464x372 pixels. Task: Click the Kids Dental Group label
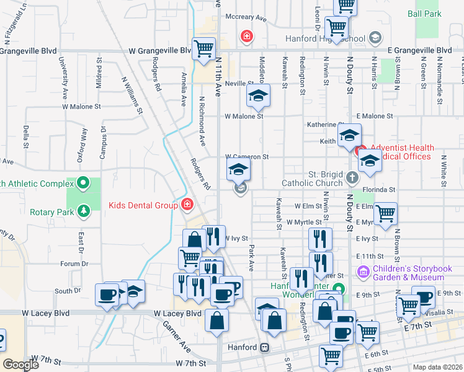point(144,205)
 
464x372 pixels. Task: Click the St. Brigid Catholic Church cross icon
point(352,179)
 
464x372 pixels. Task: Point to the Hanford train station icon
point(265,347)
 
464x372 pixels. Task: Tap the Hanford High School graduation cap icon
point(374,38)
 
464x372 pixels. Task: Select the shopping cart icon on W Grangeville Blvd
point(204,48)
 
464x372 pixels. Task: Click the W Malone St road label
point(244,116)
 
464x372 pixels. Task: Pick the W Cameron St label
point(247,157)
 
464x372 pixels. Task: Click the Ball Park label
point(424,13)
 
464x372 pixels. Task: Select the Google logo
point(21,365)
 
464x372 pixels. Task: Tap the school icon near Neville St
point(258,95)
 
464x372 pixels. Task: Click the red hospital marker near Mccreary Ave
point(247,37)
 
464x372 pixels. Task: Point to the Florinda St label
point(380,189)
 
